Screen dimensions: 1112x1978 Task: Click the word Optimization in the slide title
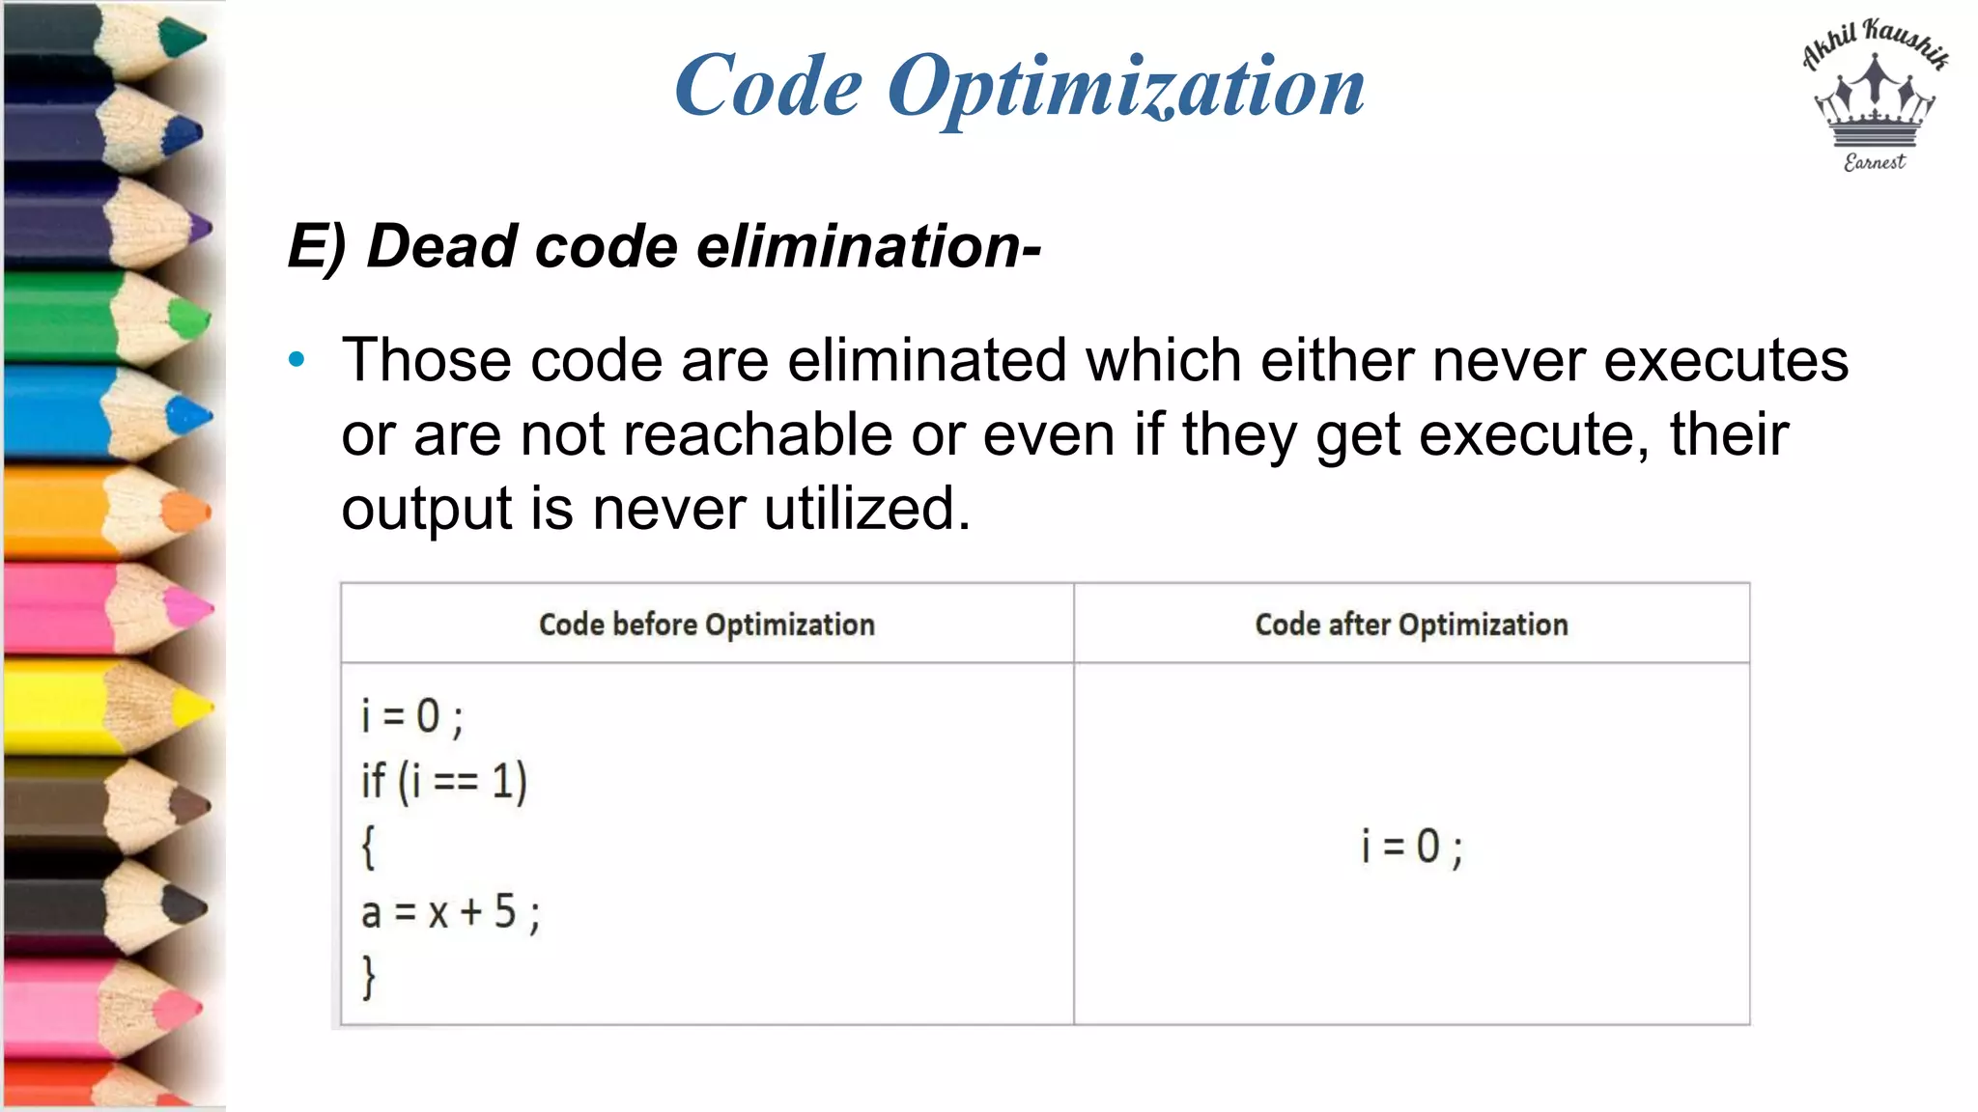pos(1125,87)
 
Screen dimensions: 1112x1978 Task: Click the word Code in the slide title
pos(768,87)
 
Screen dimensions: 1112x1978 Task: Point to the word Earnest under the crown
pos(1874,162)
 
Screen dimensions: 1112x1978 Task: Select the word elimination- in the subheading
pos(868,246)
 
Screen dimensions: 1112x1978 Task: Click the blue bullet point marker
pos(297,360)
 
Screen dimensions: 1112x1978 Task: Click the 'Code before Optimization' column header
pos(706,625)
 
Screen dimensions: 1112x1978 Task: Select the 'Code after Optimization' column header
pos(1411,625)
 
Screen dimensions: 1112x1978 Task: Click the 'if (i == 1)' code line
pos(444,781)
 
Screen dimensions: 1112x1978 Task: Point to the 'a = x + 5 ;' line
pos(450,912)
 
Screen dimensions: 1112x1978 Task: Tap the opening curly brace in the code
pos(368,848)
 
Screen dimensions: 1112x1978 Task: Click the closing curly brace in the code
pos(368,977)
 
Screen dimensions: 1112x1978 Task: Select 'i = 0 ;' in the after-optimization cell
pos(1412,847)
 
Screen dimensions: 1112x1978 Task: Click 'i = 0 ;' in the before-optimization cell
pos(412,716)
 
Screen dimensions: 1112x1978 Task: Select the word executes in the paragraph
pos(1726,360)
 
